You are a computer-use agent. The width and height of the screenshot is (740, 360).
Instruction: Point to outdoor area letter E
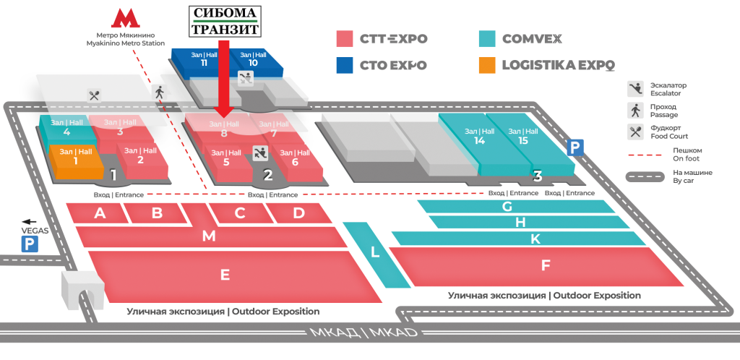pyautogui.click(x=225, y=275)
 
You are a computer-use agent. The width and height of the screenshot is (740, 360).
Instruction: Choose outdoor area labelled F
pyautogui.click(x=546, y=265)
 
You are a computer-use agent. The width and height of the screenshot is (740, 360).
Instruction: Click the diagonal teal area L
pyautogui.click(x=374, y=252)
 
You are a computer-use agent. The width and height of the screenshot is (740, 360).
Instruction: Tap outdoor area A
pyautogui.click(x=100, y=213)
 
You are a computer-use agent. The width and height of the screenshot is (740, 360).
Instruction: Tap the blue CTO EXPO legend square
pyautogui.click(x=345, y=65)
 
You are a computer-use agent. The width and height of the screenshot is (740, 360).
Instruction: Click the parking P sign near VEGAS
pyautogui.click(x=30, y=244)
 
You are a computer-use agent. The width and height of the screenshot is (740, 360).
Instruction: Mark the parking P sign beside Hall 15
pyautogui.click(x=575, y=147)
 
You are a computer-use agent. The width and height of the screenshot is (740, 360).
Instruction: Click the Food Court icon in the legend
pyautogui.click(x=635, y=132)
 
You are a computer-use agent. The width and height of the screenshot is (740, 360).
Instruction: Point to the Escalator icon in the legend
pyautogui.click(x=635, y=88)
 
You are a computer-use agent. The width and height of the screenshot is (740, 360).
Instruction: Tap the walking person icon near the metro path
pyautogui.click(x=160, y=92)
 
